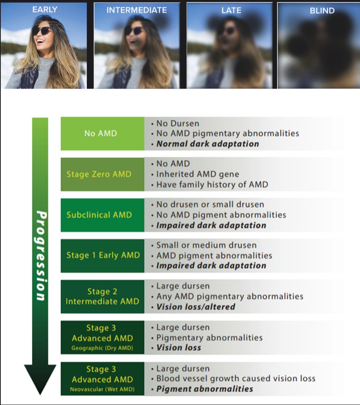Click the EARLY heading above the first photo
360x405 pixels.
tap(45, 10)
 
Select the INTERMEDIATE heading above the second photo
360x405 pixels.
tap(137, 10)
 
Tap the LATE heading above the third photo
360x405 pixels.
tap(231, 10)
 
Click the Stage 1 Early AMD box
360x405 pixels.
tap(103, 255)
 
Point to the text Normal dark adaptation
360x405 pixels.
tap(207, 144)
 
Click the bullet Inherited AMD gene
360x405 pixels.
tap(198, 174)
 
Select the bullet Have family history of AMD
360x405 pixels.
tap(212, 185)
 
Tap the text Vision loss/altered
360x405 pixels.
tap(196, 307)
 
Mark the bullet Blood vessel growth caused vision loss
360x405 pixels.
tap(236, 379)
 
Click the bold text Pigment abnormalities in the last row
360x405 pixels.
tap(205, 389)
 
